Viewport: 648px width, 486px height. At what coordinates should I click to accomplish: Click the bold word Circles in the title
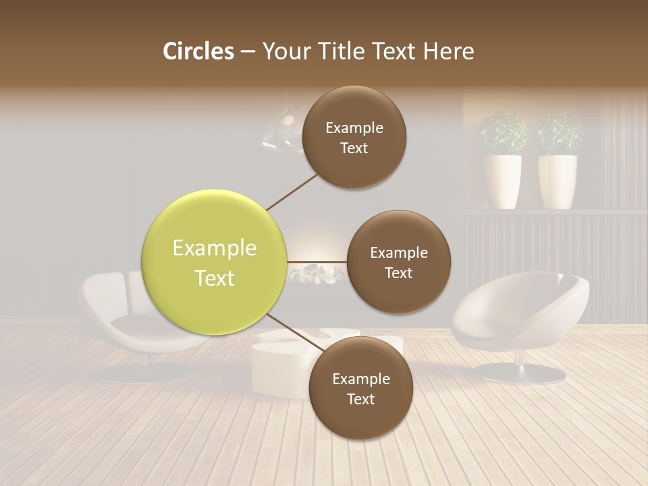tap(198, 51)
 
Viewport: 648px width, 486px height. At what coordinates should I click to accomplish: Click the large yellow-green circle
tap(215, 263)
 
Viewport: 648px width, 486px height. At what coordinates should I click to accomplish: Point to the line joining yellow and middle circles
tap(317, 262)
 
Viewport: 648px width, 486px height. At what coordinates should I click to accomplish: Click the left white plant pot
tap(503, 181)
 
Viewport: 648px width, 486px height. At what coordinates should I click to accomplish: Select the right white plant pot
tap(558, 181)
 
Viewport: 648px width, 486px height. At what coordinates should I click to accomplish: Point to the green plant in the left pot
tap(503, 134)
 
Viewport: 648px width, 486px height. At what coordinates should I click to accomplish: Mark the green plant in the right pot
tap(559, 134)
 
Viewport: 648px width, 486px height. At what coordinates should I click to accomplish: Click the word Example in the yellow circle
tap(215, 248)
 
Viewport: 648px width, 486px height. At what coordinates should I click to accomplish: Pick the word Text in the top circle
tap(354, 148)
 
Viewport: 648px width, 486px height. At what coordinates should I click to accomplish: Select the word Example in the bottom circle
tap(361, 379)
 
